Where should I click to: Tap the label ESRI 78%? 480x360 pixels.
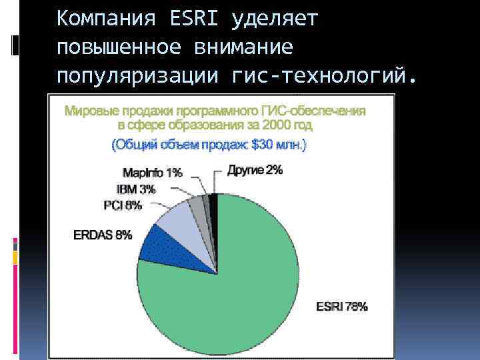pyautogui.click(x=341, y=307)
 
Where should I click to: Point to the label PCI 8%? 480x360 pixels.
pyautogui.click(x=123, y=205)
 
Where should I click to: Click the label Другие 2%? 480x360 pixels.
pyautogui.click(x=255, y=170)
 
